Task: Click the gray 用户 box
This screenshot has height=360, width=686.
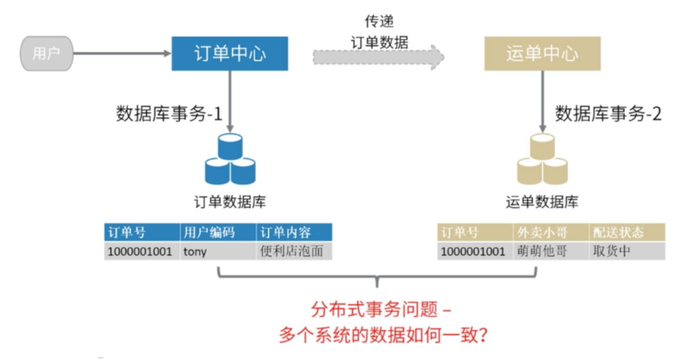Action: (x=46, y=53)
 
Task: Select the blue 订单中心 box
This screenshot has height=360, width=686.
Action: (x=230, y=53)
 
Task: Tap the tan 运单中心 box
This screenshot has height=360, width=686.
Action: (x=542, y=53)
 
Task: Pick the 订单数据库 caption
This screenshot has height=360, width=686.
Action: (x=230, y=201)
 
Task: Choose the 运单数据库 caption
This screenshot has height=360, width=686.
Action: (x=542, y=201)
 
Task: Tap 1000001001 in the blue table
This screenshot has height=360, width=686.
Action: (x=140, y=252)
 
